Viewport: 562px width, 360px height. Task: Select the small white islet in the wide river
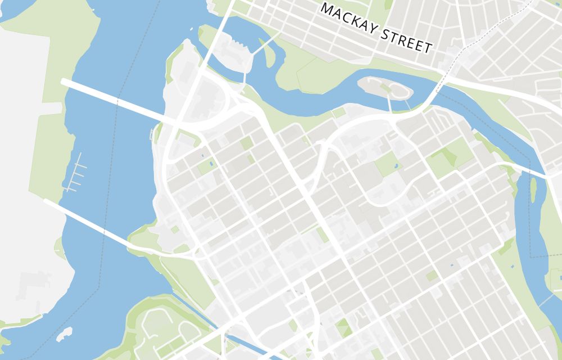pyautogui.click(x=65, y=332)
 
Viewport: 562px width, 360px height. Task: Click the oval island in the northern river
pyautogui.click(x=388, y=89)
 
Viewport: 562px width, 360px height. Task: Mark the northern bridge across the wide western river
pyautogui.click(x=112, y=100)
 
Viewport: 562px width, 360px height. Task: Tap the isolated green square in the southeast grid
pyautogui.click(x=432, y=276)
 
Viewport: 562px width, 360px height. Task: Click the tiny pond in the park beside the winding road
pyautogui.click(x=396, y=167)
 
